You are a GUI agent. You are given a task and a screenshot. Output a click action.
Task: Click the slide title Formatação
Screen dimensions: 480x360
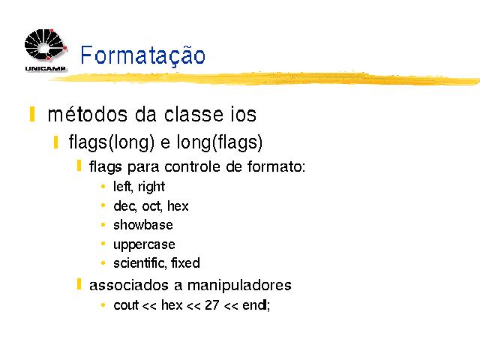pyautogui.click(x=142, y=55)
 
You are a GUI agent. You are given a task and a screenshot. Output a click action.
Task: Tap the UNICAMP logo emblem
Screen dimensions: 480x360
pyautogui.click(x=46, y=45)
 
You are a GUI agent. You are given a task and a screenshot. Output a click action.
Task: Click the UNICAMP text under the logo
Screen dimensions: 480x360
pyautogui.click(x=45, y=68)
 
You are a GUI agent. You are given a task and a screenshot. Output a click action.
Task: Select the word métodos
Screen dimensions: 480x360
pyautogui.click(x=88, y=115)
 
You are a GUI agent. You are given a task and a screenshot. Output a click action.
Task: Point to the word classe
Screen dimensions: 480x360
pyautogui.click(x=193, y=115)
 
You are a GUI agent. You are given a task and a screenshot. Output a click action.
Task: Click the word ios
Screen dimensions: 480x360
pyautogui.click(x=243, y=115)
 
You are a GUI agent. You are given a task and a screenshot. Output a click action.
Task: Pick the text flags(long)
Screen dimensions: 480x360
pyautogui.click(x=112, y=142)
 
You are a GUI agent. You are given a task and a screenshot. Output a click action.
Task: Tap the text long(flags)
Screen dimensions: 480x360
pyautogui.click(x=220, y=142)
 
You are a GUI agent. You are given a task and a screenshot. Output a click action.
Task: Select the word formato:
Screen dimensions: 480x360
pyautogui.click(x=277, y=166)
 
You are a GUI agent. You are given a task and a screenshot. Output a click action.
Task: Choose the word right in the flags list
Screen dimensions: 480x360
pyautogui.click(x=151, y=187)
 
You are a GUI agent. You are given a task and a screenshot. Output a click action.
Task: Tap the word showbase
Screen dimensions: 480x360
pyautogui.click(x=143, y=225)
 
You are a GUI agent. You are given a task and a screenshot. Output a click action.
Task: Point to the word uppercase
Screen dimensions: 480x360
pyautogui.click(x=144, y=245)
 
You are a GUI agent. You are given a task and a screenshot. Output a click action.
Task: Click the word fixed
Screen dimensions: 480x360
pyautogui.click(x=185, y=263)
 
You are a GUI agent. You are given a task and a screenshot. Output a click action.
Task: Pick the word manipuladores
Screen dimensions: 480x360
pyautogui.click(x=239, y=285)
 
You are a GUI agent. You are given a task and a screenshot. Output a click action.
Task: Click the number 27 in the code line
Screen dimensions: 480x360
pyautogui.click(x=212, y=305)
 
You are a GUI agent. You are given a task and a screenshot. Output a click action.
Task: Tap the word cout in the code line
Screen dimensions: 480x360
pyautogui.click(x=126, y=305)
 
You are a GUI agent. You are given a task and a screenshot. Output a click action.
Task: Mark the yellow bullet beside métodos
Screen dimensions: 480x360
pyautogui.click(x=31, y=114)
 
